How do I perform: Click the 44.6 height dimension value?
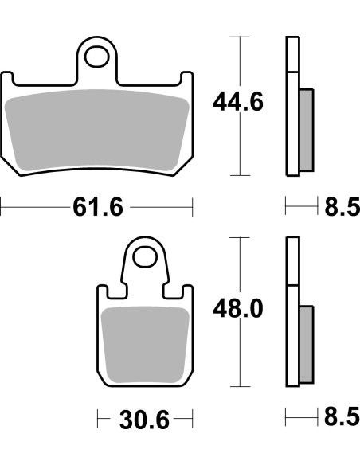pyautogui.click(x=237, y=102)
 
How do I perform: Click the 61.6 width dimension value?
pyautogui.click(x=97, y=208)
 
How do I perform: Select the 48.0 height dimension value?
pyautogui.click(x=237, y=307)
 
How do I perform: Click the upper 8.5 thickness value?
pyautogui.click(x=342, y=208)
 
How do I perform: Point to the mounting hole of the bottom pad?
pyautogui.click(x=145, y=256)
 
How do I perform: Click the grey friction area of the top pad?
pyautogui.click(x=97, y=127)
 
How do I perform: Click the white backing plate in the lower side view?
pyautogui.click(x=292, y=311)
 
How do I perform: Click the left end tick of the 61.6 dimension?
pyautogui.click(x=2, y=209)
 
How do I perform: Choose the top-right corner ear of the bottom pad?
pyautogui.click(x=188, y=291)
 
